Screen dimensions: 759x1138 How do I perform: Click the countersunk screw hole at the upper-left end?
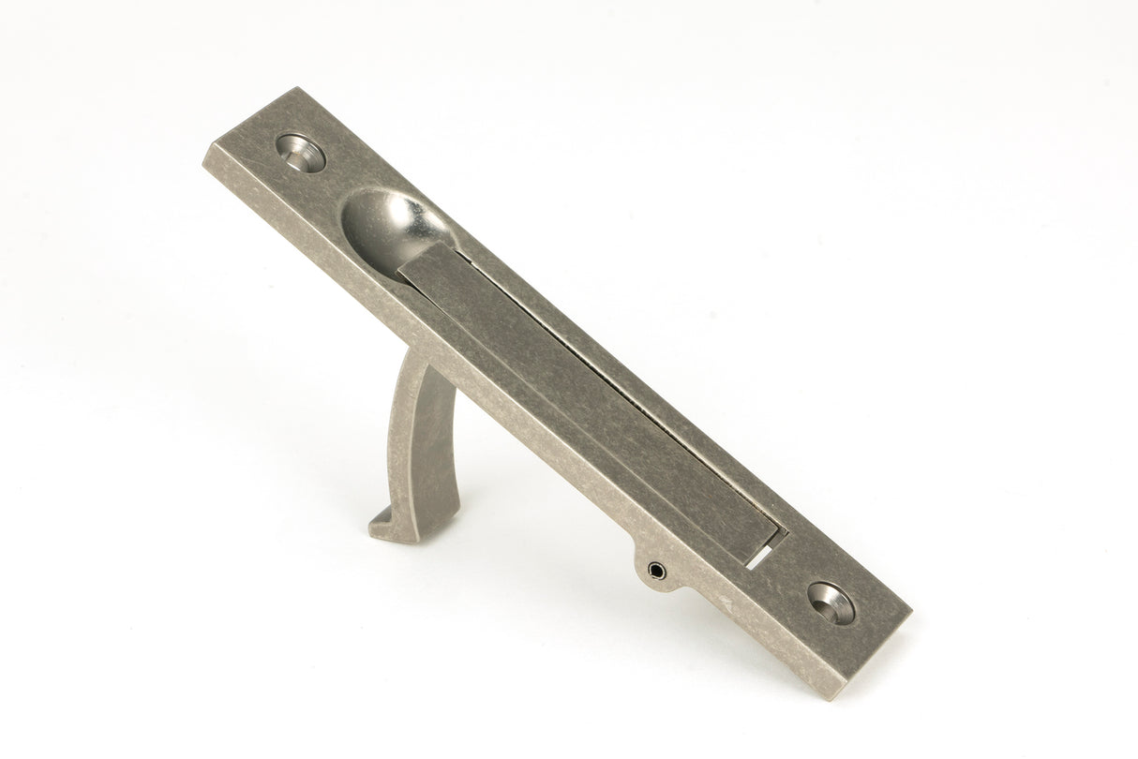point(301,153)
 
